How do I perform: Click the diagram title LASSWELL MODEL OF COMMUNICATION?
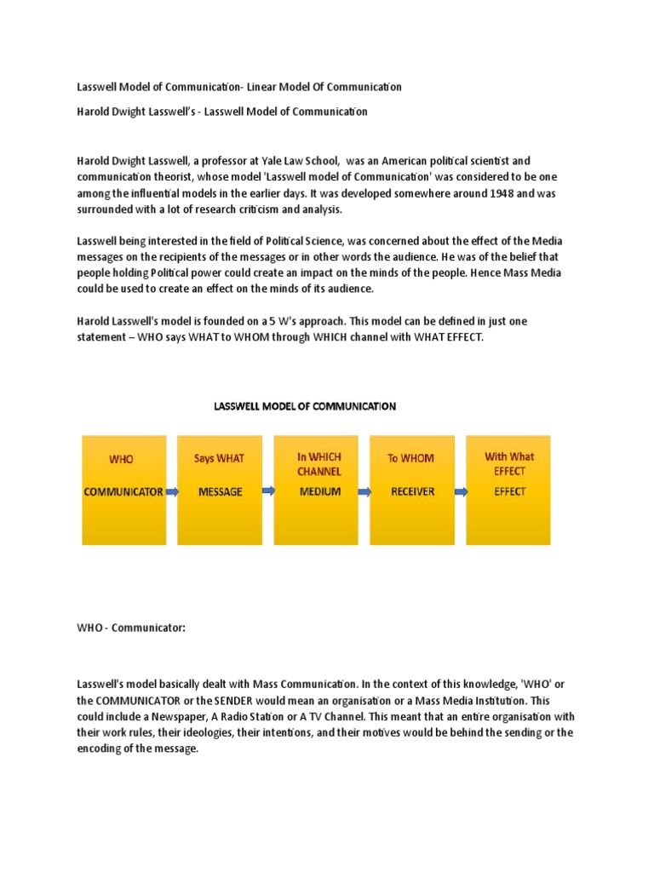(x=304, y=406)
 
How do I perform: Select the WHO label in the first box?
(x=121, y=459)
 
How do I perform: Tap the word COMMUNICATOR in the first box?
(x=123, y=491)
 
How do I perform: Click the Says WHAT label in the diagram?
(x=219, y=458)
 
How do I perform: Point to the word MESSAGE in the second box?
(x=220, y=491)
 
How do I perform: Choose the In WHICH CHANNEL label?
(x=318, y=464)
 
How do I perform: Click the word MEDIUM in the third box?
(x=318, y=491)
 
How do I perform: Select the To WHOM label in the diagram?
(x=411, y=458)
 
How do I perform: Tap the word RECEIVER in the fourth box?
(x=412, y=491)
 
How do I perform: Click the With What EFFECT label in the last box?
(x=509, y=463)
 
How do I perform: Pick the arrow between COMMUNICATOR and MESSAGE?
(x=171, y=492)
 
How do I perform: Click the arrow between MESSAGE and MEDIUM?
(x=267, y=490)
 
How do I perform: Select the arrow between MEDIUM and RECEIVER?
(x=364, y=492)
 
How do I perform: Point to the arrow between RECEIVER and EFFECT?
(x=462, y=492)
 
